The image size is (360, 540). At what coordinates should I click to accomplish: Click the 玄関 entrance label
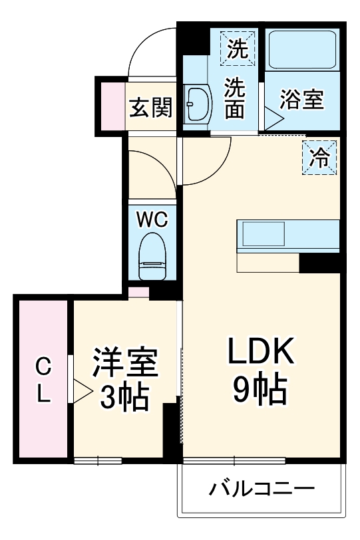click(151, 106)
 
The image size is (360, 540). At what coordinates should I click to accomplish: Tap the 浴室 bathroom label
click(301, 100)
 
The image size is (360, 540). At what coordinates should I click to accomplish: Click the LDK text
click(262, 352)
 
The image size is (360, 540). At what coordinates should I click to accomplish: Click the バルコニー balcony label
click(262, 491)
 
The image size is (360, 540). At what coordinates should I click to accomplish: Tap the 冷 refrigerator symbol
click(319, 158)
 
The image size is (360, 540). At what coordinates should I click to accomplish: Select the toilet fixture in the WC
click(153, 257)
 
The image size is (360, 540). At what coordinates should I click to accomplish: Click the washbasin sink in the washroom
click(196, 105)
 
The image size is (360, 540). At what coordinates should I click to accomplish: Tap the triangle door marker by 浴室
click(273, 119)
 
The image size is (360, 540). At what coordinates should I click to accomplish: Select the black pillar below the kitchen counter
click(320, 263)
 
